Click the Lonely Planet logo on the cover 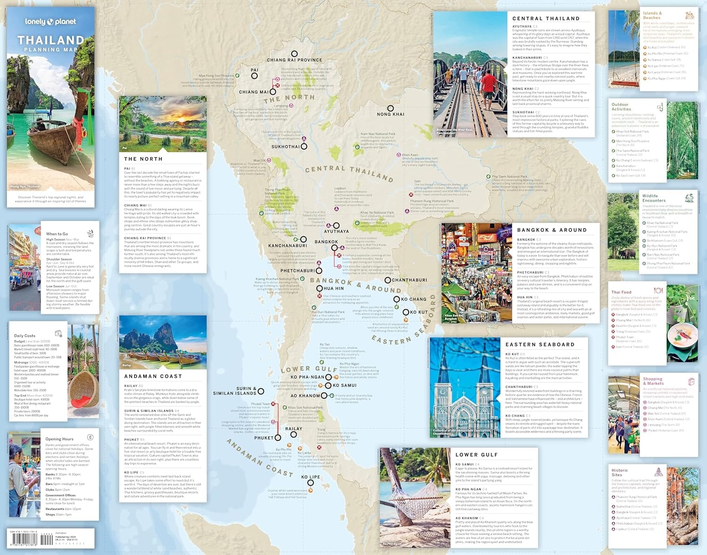(50, 22)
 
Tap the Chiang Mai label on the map (254, 92)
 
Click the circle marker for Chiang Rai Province (294, 54)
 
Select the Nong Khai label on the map (390, 114)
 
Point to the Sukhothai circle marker (304, 147)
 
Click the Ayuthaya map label (336, 231)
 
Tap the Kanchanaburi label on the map (288, 245)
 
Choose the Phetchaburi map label (297, 271)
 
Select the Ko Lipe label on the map (311, 477)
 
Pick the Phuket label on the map (263, 438)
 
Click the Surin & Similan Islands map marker (261, 391)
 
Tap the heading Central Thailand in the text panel (546, 18)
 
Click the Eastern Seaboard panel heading (540, 345)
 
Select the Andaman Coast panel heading (153, 376)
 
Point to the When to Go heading (57, 234)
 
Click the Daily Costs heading (25, 336)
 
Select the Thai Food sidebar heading (621, 292)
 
